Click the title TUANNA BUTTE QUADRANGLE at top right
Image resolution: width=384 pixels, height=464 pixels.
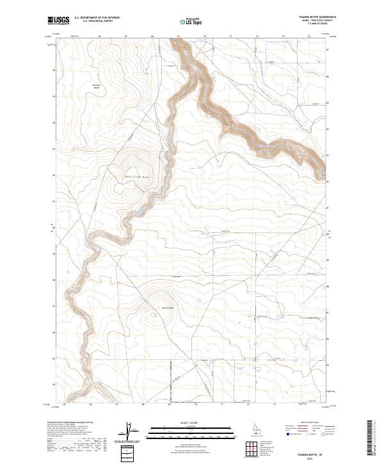click(317, 17)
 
